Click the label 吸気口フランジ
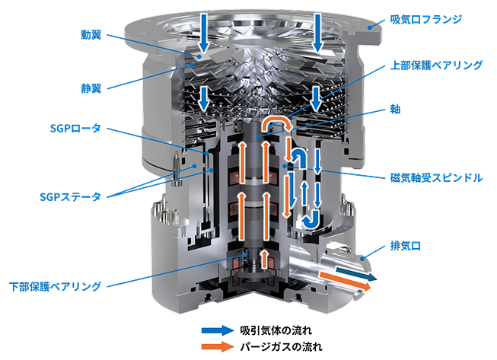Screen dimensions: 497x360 click(x=426, y=20)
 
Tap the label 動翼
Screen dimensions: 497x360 click(x=91, y=35)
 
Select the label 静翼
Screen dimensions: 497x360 click(x=91, y=88)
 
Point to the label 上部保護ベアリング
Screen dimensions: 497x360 click(x=436, y=65)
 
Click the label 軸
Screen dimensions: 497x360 click(x=395, y=110)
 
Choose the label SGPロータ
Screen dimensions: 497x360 click(x=75, y=129)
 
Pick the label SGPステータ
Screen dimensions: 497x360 click(x=70, y=197)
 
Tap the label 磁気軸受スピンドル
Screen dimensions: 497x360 click(x=436, y=178)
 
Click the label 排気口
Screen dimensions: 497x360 click(x=406, y=246)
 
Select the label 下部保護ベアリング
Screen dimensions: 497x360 click(x=55, y=286)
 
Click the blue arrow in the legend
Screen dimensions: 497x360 click(x=218, y=330)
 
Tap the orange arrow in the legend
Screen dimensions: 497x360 click(x=218, y=346)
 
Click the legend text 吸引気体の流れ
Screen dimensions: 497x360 click(x=276, y=330)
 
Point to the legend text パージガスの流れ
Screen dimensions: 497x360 click(x=281, y=346)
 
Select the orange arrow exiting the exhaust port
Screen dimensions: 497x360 click(x=345, y=281)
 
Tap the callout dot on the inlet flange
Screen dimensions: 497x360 click(x=370, y=27)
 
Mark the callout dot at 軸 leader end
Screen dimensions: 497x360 click(x=259, y=136)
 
